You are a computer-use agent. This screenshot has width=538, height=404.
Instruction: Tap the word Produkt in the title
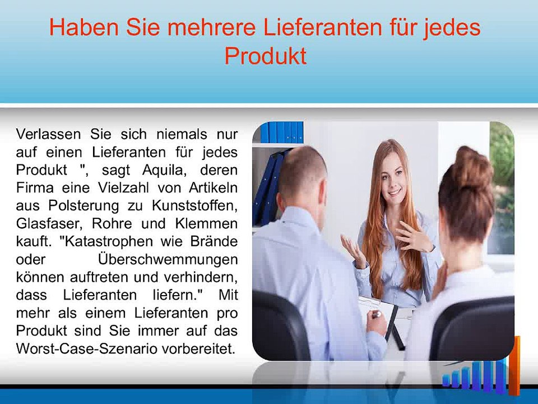265,57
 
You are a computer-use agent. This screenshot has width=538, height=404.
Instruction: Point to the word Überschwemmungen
167,260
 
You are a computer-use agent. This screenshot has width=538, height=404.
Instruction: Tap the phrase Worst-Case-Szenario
86,348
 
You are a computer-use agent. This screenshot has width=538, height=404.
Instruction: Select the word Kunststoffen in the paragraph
199,206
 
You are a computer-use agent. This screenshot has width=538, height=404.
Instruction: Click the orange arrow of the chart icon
515,365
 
